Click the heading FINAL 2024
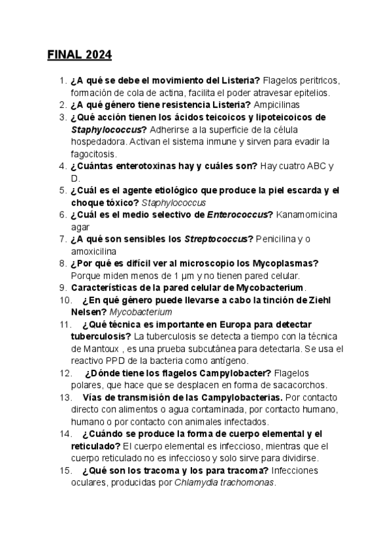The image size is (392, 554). pyautogui.click(x=79, y=54)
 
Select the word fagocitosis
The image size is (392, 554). pyautogui.click(x=93, y=154)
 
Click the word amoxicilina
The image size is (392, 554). pyautogui.click(x=93, y=251)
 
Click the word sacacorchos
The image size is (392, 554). pyautogui.click(x=296, y=385)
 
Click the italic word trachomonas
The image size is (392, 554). pyautogui.click(x=248, y=483)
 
